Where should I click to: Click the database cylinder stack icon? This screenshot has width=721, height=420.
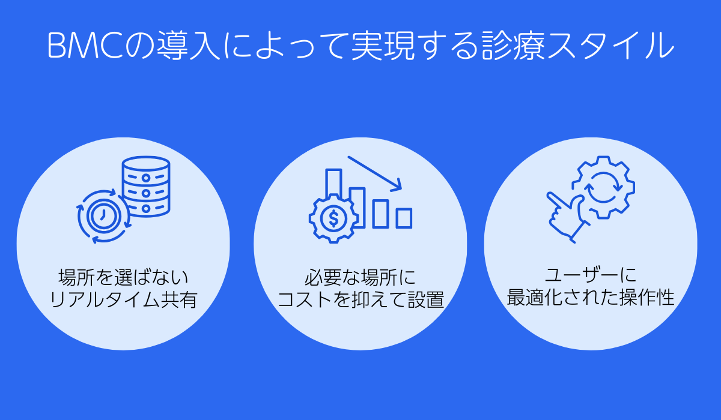point(146,187)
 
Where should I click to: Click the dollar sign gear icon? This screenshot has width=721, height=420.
point(332,218)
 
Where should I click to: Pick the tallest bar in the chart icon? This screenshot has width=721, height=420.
point(333,186)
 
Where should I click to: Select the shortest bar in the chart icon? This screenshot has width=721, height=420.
point(404,218)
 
